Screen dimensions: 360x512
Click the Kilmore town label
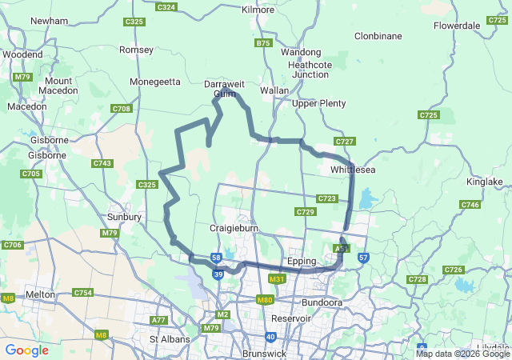(258, 10)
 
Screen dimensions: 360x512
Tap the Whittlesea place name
(353, 170)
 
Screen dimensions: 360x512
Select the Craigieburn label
(231, 228)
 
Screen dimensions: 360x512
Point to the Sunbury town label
(125, 217)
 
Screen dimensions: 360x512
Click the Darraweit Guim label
(222, 88)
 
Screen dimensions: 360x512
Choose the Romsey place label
(135, 50)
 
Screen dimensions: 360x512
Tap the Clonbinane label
(378, 35)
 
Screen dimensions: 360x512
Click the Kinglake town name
(484, 182)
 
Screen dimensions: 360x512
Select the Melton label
(40, 294)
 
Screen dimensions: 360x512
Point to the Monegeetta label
(155, 81)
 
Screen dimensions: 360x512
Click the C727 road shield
(344, 142)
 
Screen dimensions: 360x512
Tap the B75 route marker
(263, 43)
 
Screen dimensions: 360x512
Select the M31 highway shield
(278, 278)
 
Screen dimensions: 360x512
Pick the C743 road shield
(102, 163)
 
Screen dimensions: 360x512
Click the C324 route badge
(166, 7)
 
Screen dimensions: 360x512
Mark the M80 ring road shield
(266, 300)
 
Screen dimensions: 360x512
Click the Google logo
(26, 350)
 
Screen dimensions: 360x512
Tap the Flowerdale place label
(457, 26)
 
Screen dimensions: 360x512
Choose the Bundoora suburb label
(322, 302)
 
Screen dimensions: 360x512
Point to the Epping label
(302, 262)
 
